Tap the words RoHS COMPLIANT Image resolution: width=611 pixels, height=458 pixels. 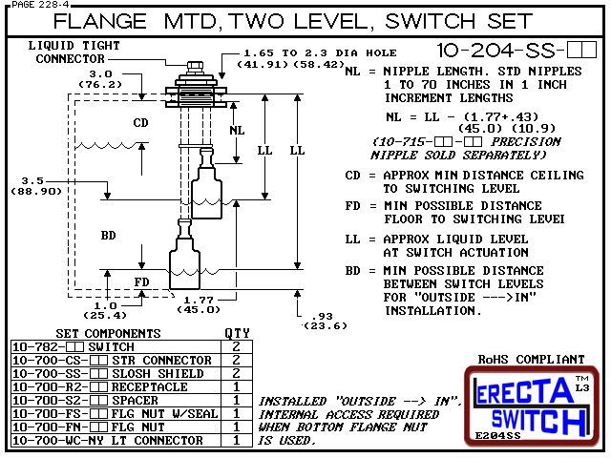[530, 360]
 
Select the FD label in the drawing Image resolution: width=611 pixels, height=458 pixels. [139, 282]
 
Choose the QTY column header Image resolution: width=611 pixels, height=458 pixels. [235, 333]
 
